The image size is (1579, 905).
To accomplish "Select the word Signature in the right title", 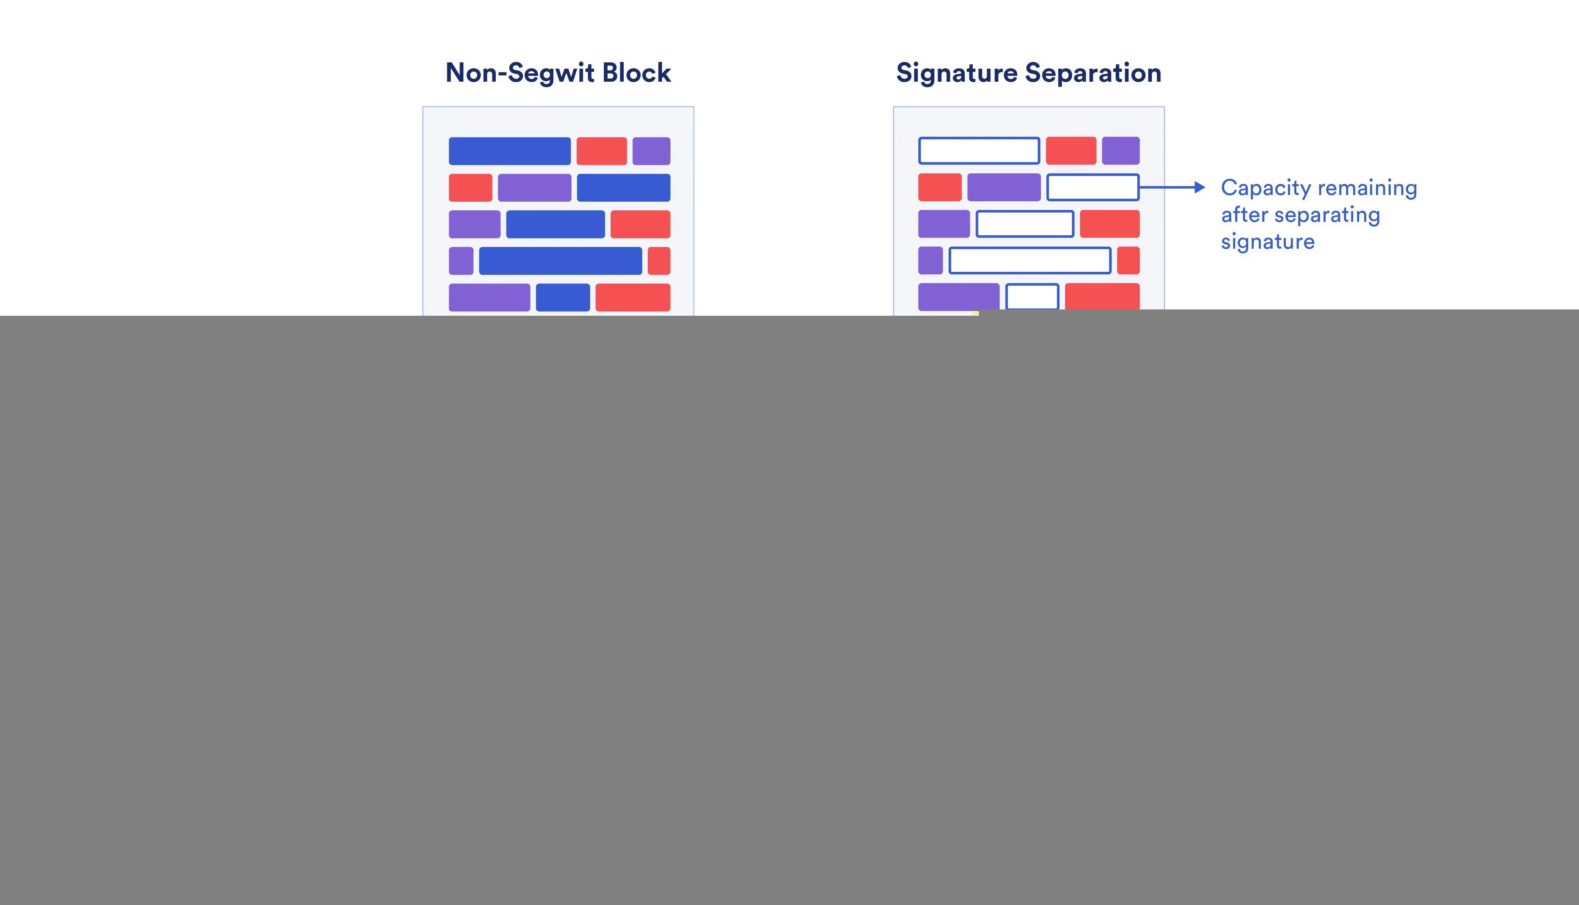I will coord(956,73).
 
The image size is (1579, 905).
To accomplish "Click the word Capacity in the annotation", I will coord(1266,188).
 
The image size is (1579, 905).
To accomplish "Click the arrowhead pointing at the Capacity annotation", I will coord(1199,187).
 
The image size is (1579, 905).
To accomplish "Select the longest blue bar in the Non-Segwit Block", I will coord(560,260).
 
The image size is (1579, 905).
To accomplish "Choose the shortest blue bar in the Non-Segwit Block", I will coord(563,297).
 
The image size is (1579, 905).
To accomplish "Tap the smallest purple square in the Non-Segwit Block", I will coord(461,260).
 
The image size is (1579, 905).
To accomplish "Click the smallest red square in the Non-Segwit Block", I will coord(659,260).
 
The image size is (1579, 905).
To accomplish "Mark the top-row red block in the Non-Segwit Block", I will coord(601,151).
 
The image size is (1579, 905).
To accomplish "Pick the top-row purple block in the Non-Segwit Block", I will coord(651,151).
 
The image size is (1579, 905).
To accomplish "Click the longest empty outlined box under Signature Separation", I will coord(1030,260).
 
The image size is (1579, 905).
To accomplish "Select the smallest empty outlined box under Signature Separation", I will coord(1032,296).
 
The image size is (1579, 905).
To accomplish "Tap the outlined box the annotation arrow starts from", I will coord(1092,187).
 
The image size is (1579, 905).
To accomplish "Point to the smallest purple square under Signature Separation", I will coord(930,260).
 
